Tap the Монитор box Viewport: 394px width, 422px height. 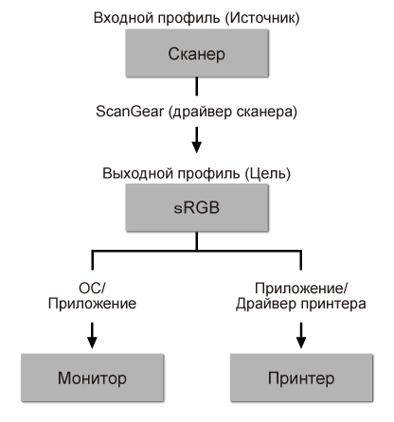tap(93, 378)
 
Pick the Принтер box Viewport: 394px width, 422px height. tap(300, 378)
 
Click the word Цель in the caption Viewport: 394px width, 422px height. tap(269, 173)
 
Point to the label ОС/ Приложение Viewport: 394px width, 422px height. tap(92, 296)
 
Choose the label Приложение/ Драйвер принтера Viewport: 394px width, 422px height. tap(300, 296)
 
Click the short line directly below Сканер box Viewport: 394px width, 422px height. tap(197, 87)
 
